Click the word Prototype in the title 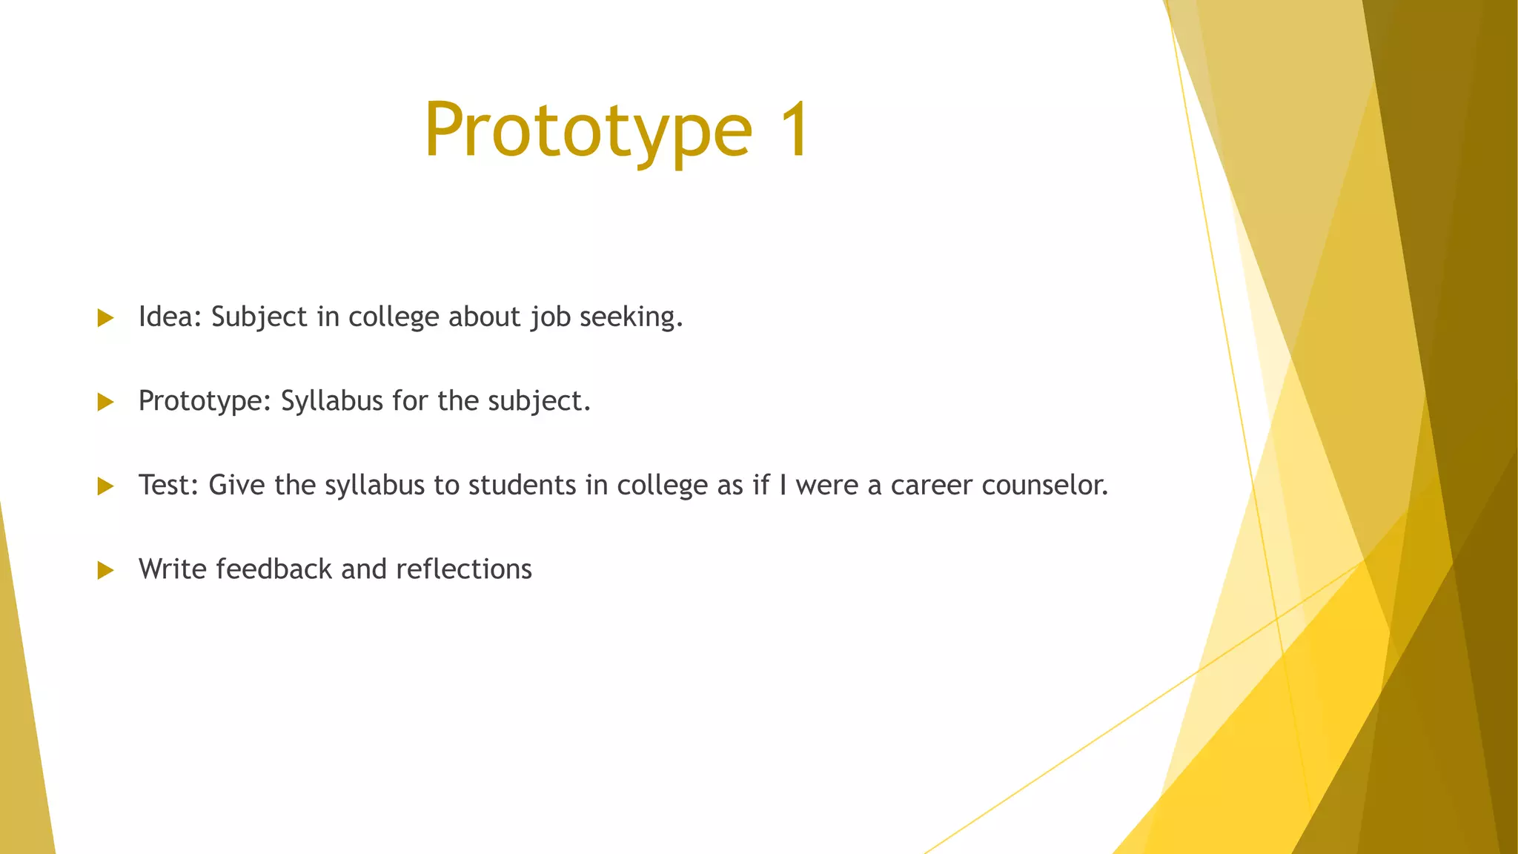pos(588,130)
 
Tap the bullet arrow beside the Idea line pos(105,318)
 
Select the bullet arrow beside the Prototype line pos(105,403)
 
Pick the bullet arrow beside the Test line pos(105,486)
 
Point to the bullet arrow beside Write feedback pos(105,570)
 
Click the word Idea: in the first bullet pos(170,317)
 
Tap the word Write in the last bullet pos(173,569)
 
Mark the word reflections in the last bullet pos(464,569)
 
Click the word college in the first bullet pos(394,317)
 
